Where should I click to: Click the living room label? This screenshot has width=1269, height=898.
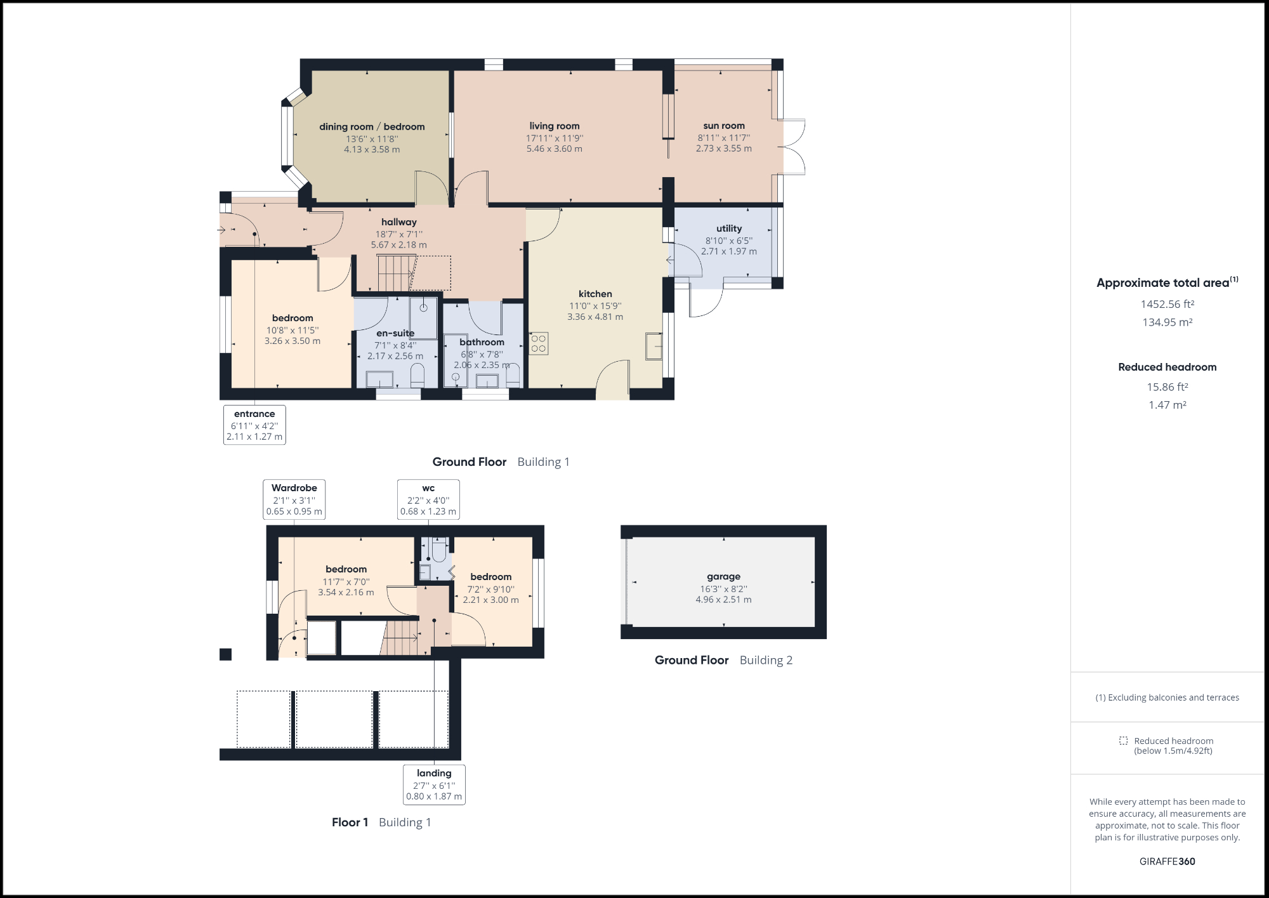[x=554, y=126]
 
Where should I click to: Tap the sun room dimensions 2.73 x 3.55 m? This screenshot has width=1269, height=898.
[x=723, y=149]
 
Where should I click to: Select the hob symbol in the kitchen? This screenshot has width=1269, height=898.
[x=538, y=343]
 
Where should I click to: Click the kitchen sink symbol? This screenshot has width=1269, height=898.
[x=654, y=346]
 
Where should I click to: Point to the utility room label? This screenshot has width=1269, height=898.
[x=728, y=228]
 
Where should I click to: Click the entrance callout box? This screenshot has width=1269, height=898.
[x=254, y=425]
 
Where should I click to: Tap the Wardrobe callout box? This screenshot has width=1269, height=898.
[x=294, y=499]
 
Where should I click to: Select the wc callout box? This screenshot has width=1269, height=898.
[x=428, y=499]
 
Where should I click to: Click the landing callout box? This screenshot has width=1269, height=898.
[x=434, y=784]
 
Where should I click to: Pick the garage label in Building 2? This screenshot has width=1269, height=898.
[x=723, y=576]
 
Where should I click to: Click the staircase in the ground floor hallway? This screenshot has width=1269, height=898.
[x=396, y=274]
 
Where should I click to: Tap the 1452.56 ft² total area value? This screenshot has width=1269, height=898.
[x=1167, y=304]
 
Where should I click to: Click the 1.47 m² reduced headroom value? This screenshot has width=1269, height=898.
[x=1167, y=405]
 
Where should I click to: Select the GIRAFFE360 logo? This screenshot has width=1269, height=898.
[x=1167, y=861]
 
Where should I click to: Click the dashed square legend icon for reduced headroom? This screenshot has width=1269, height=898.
[x=1123, y=741]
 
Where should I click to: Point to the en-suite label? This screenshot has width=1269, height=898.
[x=395, y=333]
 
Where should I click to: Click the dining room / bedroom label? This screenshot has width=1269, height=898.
[x=372, y=126]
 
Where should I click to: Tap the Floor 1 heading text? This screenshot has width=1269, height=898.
[x=350, y=822]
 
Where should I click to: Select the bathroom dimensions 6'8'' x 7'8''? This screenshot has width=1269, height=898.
[x=482, y=354]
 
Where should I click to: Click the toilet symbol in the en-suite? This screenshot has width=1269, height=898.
[x=417, y=376]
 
